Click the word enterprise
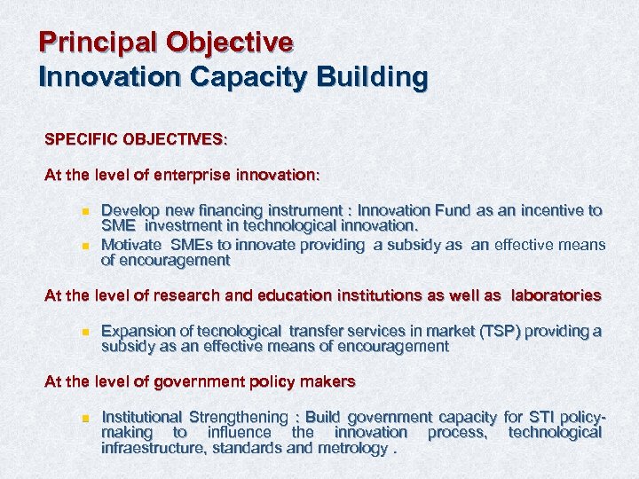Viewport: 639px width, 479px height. pyautogui.click(x=190, y=176)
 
